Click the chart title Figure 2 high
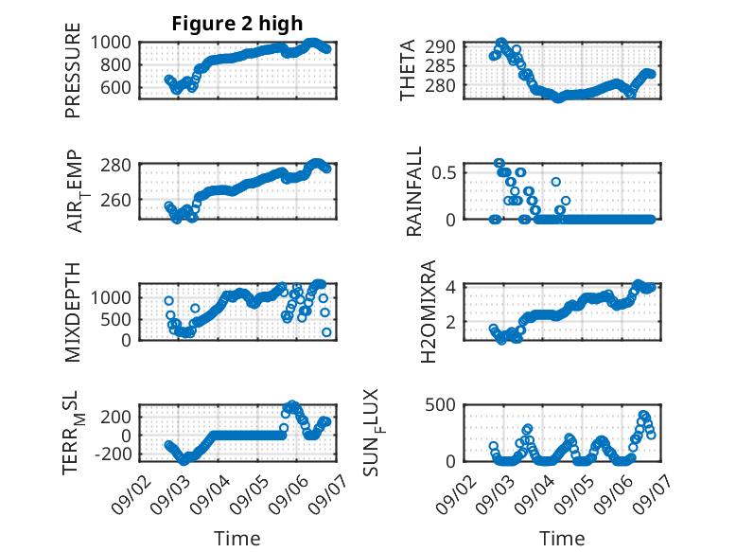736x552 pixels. (237, 24)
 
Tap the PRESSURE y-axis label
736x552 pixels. (73, 70)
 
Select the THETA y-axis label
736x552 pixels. (408, 70)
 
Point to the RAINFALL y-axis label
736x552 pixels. (414, 191)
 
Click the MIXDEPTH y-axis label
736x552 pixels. (73, 312)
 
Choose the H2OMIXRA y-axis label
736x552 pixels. (429, 312)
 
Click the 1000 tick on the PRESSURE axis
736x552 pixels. (111, 43)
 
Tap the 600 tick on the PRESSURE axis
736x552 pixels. (116, 87)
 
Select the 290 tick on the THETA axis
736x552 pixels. (440, 46)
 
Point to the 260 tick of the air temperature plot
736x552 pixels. (116, 200)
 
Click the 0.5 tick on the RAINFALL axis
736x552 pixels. (444, 172)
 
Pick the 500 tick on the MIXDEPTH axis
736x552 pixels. (116, 319)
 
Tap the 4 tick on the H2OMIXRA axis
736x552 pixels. (450, 287)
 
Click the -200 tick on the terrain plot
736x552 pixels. (113, 454)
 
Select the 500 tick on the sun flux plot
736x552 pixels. (440, 404)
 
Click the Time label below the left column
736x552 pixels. (237, 539)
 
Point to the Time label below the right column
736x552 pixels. (562, 539)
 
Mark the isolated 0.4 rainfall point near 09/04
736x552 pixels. (555, 182)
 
